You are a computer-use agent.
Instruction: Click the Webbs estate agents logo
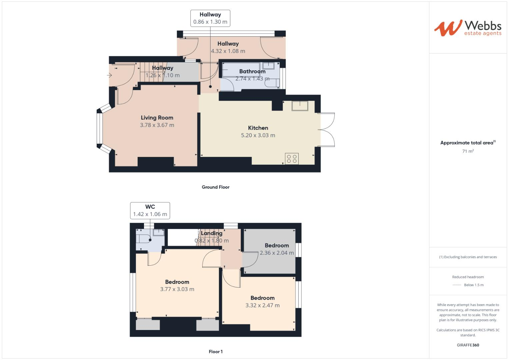(x=467, y=28)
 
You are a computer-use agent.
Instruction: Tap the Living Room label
(x=157, y=118)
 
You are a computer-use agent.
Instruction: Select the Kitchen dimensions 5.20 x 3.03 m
(x=258, y=135)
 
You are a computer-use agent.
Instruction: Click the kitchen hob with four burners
(x=292, y=159)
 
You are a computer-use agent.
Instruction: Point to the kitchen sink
(x=300, y=106)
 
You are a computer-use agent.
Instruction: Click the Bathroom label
(x=252, y=71)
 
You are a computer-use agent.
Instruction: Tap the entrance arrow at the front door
(x=109, y=75)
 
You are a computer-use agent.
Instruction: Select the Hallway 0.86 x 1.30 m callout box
(x=210, y=18)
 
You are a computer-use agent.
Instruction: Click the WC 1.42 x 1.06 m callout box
(x=150, y=211)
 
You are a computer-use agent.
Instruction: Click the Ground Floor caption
(x=215, y=187)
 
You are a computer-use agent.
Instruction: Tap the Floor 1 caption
(x=215, y=352)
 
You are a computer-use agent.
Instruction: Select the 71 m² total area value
(x=468, y=151)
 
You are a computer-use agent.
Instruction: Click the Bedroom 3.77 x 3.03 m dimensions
(x=177, y=289)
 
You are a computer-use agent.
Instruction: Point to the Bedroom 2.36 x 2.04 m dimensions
(x=277, y=253)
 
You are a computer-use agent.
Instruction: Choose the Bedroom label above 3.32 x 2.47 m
(x=262, y=298)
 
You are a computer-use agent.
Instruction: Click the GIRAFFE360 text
(x=468, y=345)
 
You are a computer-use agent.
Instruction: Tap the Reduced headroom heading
(x=468, y=277)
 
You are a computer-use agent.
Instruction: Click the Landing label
(x=211, y=233)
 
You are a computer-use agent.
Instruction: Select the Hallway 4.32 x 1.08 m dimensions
(x=228, y=51)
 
